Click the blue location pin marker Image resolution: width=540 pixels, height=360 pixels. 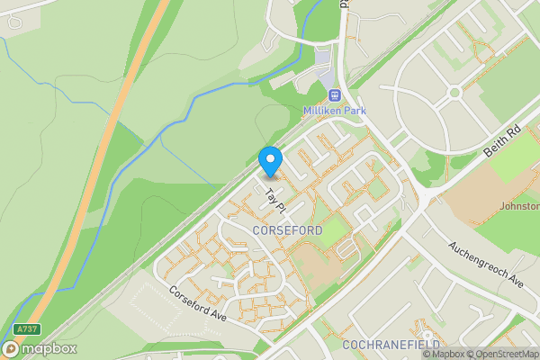coord(270,161)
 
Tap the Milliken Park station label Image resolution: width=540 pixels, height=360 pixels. coord(334,110)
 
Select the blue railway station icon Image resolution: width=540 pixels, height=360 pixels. coord(334,94)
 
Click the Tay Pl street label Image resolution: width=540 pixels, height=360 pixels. coord(274,202)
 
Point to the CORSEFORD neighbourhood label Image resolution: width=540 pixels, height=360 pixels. coord(287,231)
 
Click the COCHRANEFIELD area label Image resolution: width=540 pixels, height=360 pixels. coord(390,345)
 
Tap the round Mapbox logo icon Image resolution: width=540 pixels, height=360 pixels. coord(12,348)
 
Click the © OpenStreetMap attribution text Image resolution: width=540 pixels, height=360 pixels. coord(503,354)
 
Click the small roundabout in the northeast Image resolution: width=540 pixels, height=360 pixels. coord(455,92)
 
